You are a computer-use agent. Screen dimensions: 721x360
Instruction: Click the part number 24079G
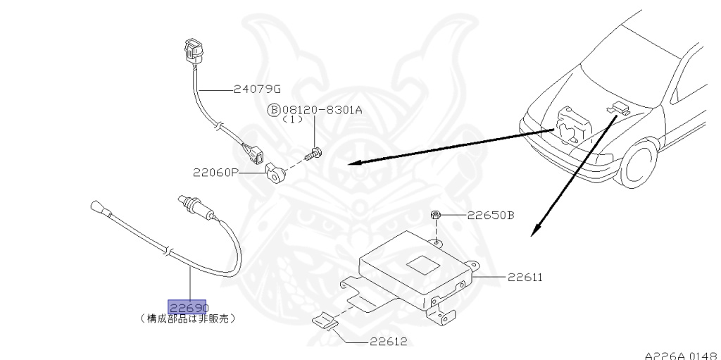point(258,89)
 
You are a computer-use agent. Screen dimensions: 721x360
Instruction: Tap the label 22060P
point(215,171)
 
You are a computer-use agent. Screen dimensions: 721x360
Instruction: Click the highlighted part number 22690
point(187,308)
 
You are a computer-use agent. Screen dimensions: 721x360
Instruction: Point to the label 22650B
point(490,215)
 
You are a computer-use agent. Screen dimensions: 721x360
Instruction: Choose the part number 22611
point(522,278)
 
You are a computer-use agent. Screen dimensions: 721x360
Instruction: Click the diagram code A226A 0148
point(680,354)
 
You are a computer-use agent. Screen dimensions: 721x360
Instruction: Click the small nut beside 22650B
point(436,214)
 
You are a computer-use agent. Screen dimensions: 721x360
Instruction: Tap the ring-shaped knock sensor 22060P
point(272,171)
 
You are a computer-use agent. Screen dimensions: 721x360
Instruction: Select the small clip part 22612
point(325,321)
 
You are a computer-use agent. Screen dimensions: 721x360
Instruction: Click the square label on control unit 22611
point(422,264)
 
